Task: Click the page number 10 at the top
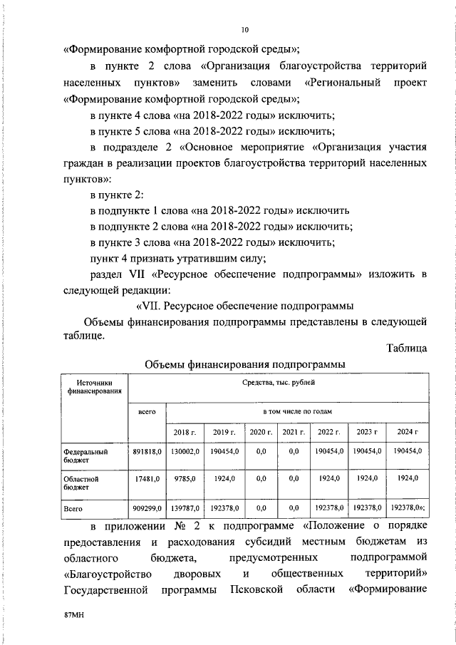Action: [x=244, y=30]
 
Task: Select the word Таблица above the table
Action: [x=406, y=349]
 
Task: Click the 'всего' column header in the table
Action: [x=147, y=412]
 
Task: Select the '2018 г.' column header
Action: [x=185, y=432]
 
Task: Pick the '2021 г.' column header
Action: [x=293, y=432]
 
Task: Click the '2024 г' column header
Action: [x=406, y=432]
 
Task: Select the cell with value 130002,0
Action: [x=185, y=451]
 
